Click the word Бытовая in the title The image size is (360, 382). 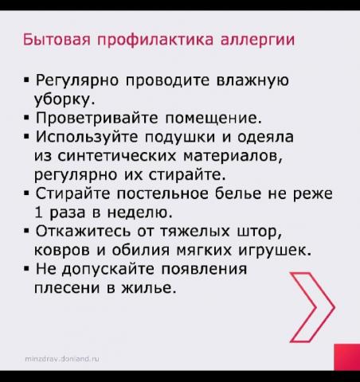click(57, 39)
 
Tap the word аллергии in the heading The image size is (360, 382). click(257, 41)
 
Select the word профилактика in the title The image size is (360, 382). click(155, 41)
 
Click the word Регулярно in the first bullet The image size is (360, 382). click(77, 80)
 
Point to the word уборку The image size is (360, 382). click(65, 99)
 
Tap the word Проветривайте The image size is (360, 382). click(96, 118)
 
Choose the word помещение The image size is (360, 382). click(213, 118)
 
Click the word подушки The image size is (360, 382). click(180, 138)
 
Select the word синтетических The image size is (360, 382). click(117, 156)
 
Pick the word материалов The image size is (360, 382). click(232, 156)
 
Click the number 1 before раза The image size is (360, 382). click(38, 212)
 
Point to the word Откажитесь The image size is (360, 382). click(83, 231)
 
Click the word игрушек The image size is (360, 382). click(275, 250)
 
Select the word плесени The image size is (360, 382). click(67, 288)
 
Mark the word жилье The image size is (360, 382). click(149, 288)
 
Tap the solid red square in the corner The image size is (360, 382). click(347, 357)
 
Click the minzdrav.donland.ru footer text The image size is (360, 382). click(62, 359)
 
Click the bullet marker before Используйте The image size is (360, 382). click(25, 137)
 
